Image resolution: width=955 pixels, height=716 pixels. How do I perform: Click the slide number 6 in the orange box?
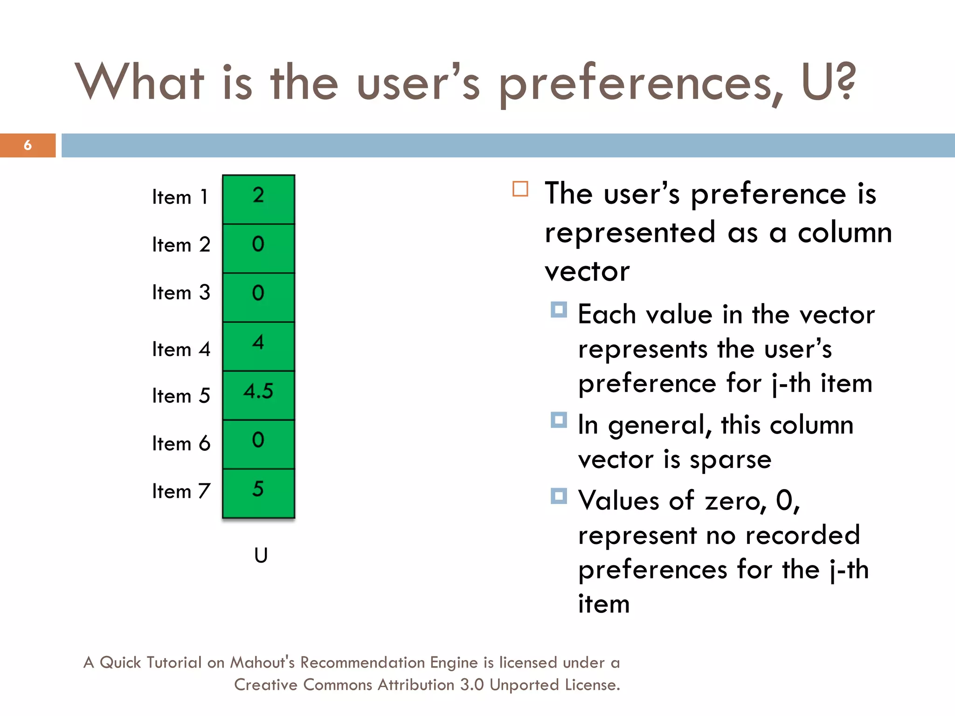pos(28,145)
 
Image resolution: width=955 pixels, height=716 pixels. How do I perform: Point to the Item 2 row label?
pos(181,245)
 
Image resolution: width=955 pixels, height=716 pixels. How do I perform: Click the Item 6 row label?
pos(181,443)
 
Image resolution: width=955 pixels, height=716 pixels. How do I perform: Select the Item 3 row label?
pos(181,293)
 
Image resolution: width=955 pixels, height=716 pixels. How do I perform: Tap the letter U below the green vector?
pos(261,555)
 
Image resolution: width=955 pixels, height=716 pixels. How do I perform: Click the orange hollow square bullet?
pos(520,189)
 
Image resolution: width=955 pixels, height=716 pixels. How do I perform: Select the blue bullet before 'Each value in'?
pos(558,310)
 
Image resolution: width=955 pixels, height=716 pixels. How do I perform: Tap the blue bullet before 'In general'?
pos(558,420)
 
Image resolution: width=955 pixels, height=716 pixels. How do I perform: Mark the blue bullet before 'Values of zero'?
pos(558,496)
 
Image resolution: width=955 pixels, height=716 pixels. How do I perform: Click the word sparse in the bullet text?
pos(730,460)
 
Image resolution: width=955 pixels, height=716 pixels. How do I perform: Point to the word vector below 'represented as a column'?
pos(587,271)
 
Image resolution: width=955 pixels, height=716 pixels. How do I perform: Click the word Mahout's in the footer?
pos(262,662)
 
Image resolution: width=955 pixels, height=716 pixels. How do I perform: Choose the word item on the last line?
pos(604,604)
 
